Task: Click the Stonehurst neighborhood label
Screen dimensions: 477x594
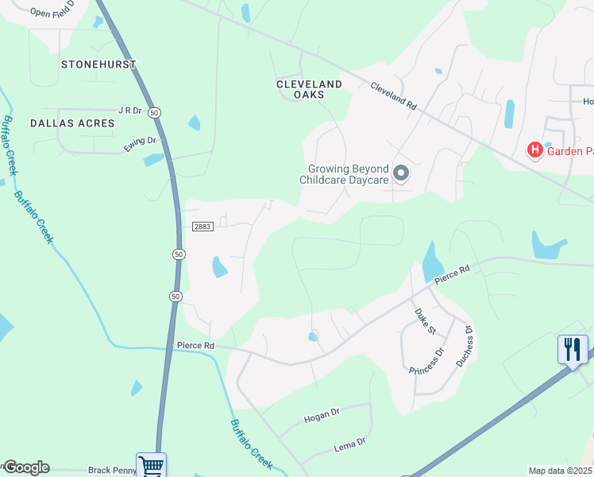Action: tap(98, 64)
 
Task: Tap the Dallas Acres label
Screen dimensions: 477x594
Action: tap(72, 123)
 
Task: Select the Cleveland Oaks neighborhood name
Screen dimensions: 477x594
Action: tap(309, 89)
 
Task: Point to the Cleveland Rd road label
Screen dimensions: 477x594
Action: tap(393, 96)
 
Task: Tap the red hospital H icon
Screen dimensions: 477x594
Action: tap(535, 149)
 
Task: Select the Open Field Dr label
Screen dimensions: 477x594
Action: tap(52, 10)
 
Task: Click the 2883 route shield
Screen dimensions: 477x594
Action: tap(202, 227)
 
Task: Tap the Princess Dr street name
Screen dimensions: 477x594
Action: tap(426, 360)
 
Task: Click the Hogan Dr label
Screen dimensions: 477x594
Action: tap(321, 413)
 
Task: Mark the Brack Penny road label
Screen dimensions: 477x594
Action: tap(112, 470)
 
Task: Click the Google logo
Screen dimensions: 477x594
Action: tap(26, 467)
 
